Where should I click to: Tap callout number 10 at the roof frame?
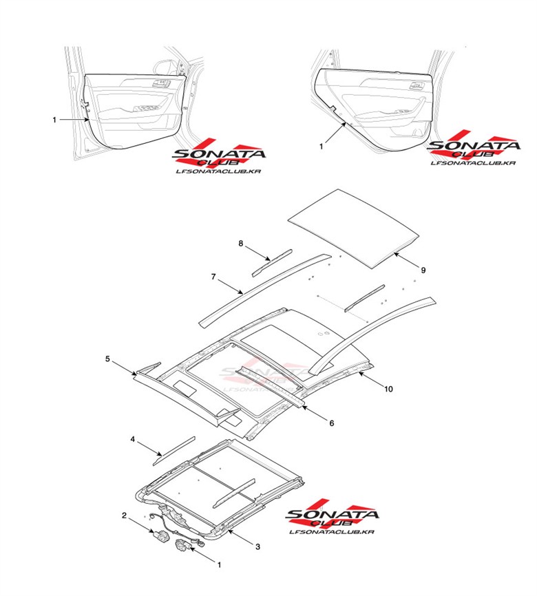pos(388,389)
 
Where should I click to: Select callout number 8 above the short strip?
pos(241,244)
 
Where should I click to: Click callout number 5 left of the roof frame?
pos(108,359)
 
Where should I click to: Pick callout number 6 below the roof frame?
pos(331,423)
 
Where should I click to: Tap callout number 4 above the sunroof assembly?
pos(133,438)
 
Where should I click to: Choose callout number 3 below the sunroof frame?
pos(257,547)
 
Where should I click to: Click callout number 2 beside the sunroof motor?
pos(124,515)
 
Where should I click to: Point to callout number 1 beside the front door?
pos(54,120)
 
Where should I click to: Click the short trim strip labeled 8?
pos(273,262)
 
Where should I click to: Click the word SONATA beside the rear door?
pos(474,147)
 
